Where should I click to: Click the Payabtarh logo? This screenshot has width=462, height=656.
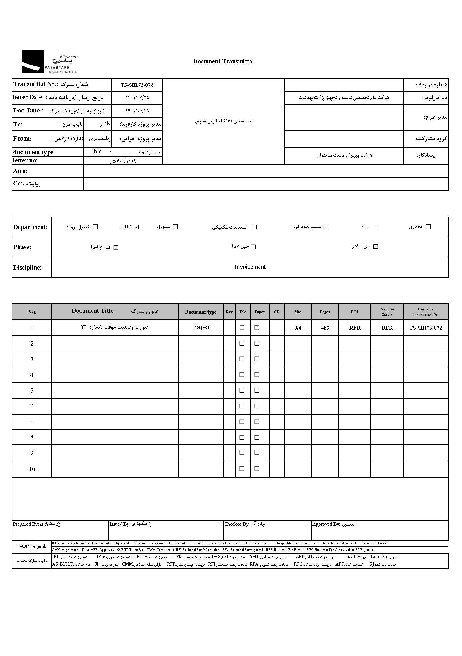click(x=49, y=61)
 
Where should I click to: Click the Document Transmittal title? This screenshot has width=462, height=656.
click(x=223, y=61)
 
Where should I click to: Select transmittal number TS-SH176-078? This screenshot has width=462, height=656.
click(x=137, y=85)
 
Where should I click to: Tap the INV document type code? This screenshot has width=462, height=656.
click(x=97, y=151)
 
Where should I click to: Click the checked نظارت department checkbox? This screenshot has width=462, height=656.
click(x=136, y=227)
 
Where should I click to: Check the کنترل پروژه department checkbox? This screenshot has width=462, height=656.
click(x=95, y=227)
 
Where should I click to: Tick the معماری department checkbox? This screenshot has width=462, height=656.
click(x=428, y=227)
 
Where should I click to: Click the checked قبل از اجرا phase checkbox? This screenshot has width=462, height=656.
click(x=116, y=247)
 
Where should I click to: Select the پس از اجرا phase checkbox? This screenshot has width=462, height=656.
click(x=376, y=247)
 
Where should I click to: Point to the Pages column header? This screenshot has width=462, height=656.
click(x=324, y=312)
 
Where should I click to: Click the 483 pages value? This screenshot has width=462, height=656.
click(x=325, y=328)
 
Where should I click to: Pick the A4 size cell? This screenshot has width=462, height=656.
click(x=298, y=328)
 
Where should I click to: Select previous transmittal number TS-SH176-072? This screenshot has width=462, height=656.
click(x=426, y=328)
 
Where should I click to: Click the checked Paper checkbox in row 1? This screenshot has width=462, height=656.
click(x=257, y=328)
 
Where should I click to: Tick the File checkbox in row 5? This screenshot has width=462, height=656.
click(x=242, y=390)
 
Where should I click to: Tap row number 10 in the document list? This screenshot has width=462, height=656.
click(x=32, y=469)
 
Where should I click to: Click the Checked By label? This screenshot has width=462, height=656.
click(x=237, y=524)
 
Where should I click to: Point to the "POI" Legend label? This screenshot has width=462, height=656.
click(x=32, y=546)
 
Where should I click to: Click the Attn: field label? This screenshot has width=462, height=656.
click(x=20, y=171)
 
